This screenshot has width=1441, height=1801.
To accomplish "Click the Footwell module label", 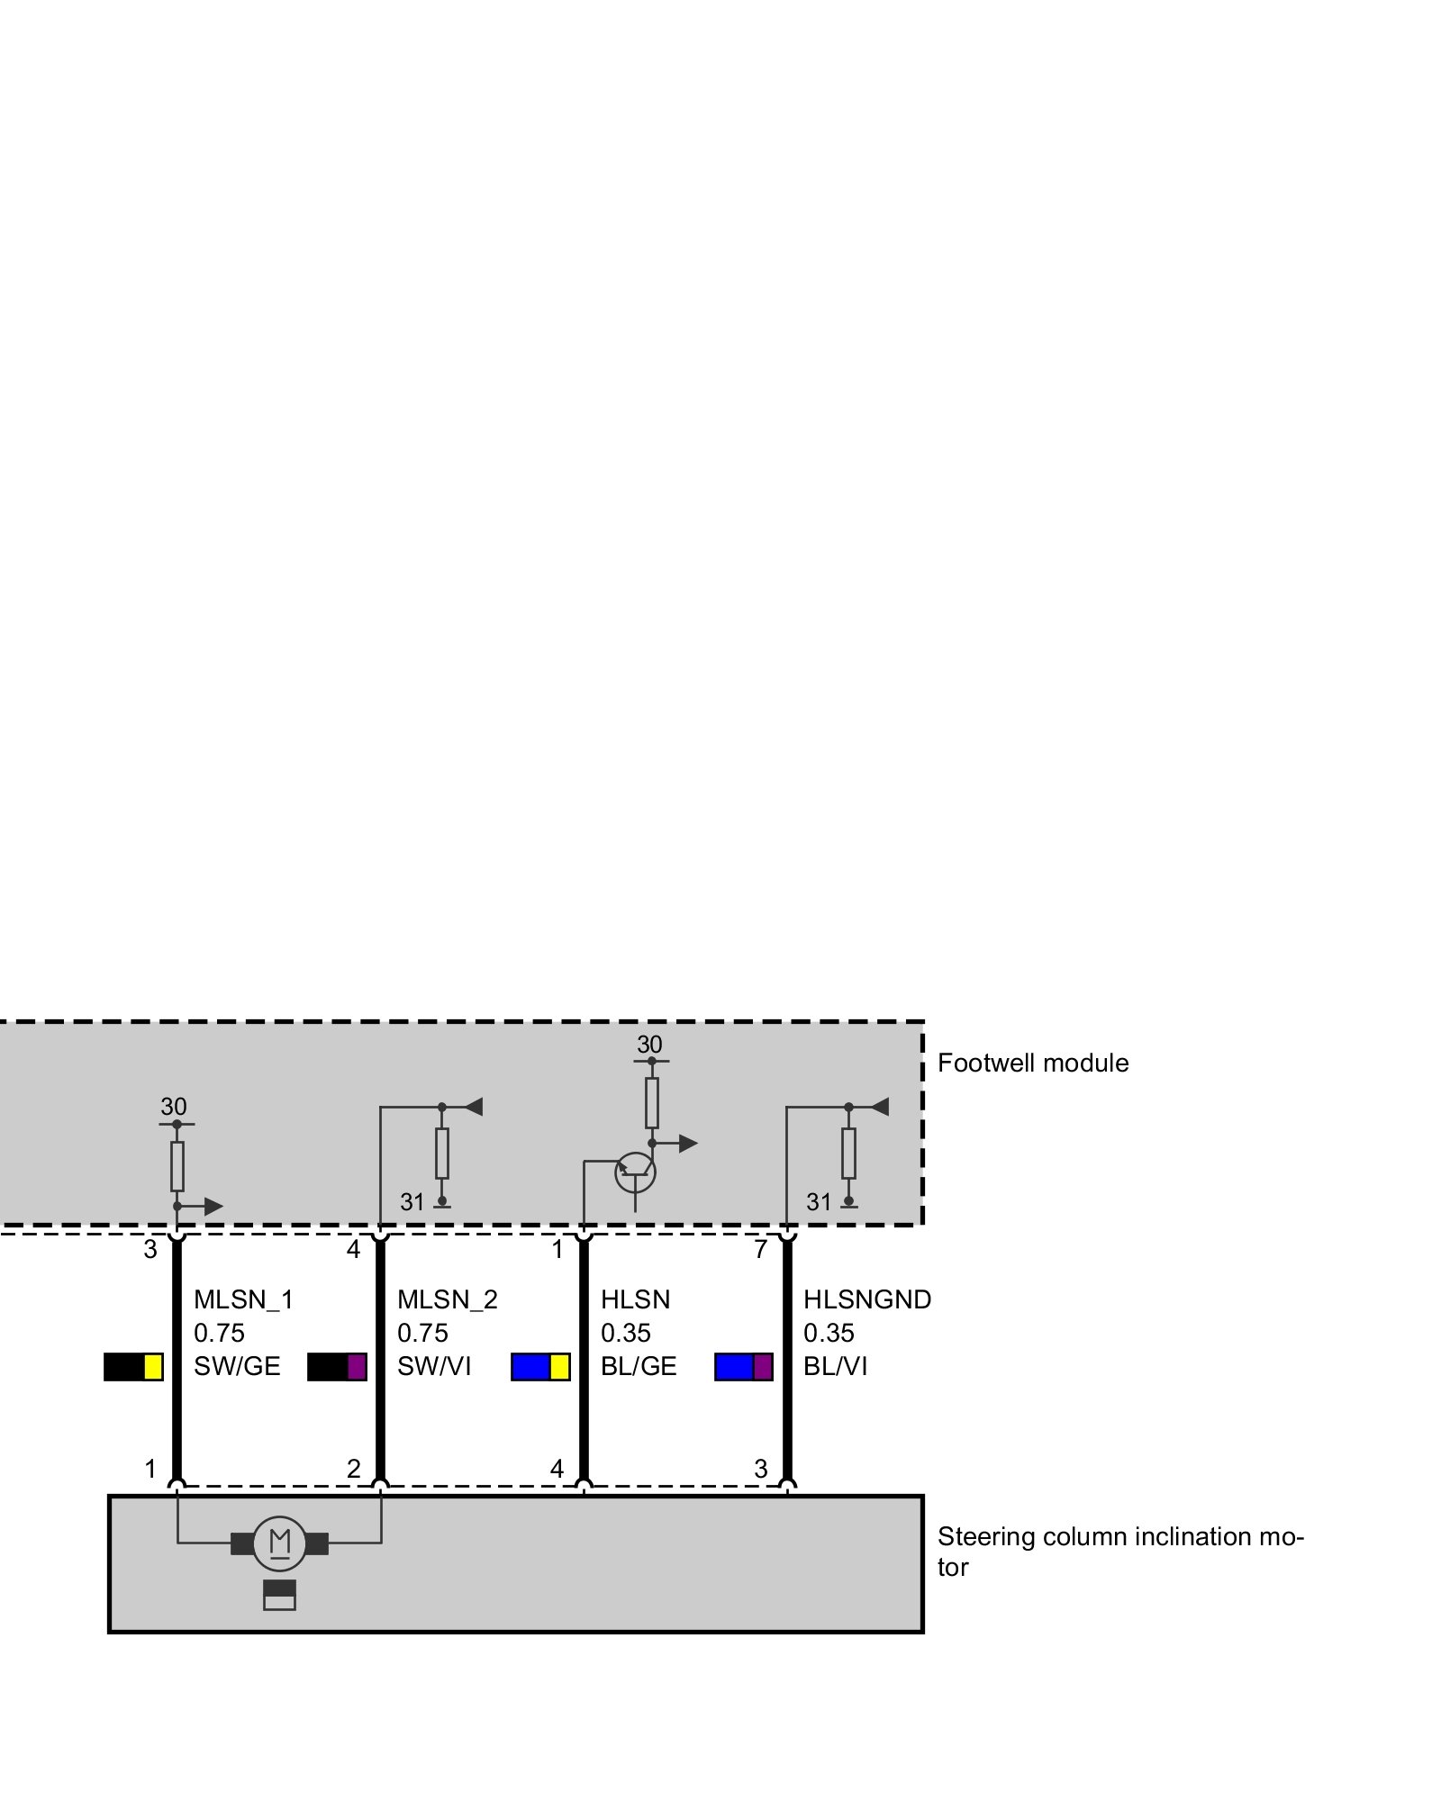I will pyautogui.click(x=1032, y=1063).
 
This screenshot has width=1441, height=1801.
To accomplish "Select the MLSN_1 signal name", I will pyautogui.click(x=243, y=1299).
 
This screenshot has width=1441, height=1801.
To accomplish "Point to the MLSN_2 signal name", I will pyautogui.click(x=447, y=1299).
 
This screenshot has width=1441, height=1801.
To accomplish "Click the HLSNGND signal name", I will pyautogui.click(x=866, y=1299).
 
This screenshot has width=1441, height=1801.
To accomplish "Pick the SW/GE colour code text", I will pyautogui.click(x=237, y=1366).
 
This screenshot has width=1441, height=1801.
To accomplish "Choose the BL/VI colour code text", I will pyautogui.click(x=835, y=1366).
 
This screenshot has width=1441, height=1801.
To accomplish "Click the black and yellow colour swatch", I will pyautogui.click(x=133, y=1367).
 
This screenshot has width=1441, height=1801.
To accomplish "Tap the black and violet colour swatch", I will pyautogui.click(x=337, y=1367).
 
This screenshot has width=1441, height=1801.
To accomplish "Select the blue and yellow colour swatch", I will pyautogui.click(x=540, y=1367).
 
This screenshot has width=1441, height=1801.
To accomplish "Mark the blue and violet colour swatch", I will pyautogui.click(x=744, y=1367).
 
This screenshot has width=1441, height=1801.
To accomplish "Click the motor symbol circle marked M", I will pyautogui.click(x=279, y=1543).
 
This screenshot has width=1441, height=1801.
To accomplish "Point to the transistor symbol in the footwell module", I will pyautogui.click(x=635, y=1172).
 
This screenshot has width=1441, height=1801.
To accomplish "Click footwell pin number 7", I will pyautogui.click(x=760, y=1250).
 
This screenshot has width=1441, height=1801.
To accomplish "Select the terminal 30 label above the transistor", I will pyautogui.click(x=649, y=1045).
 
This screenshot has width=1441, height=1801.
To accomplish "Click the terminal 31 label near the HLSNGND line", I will pyautogui.click(x=819, y=1202).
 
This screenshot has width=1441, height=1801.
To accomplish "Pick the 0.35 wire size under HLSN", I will pyautogui.click(x=625, y=1333).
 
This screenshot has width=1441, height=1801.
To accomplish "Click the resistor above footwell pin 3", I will pyautogui.click(x=177, y=1166).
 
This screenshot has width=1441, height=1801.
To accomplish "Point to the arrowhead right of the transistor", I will pyautogui.click(x=688, y=1144).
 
